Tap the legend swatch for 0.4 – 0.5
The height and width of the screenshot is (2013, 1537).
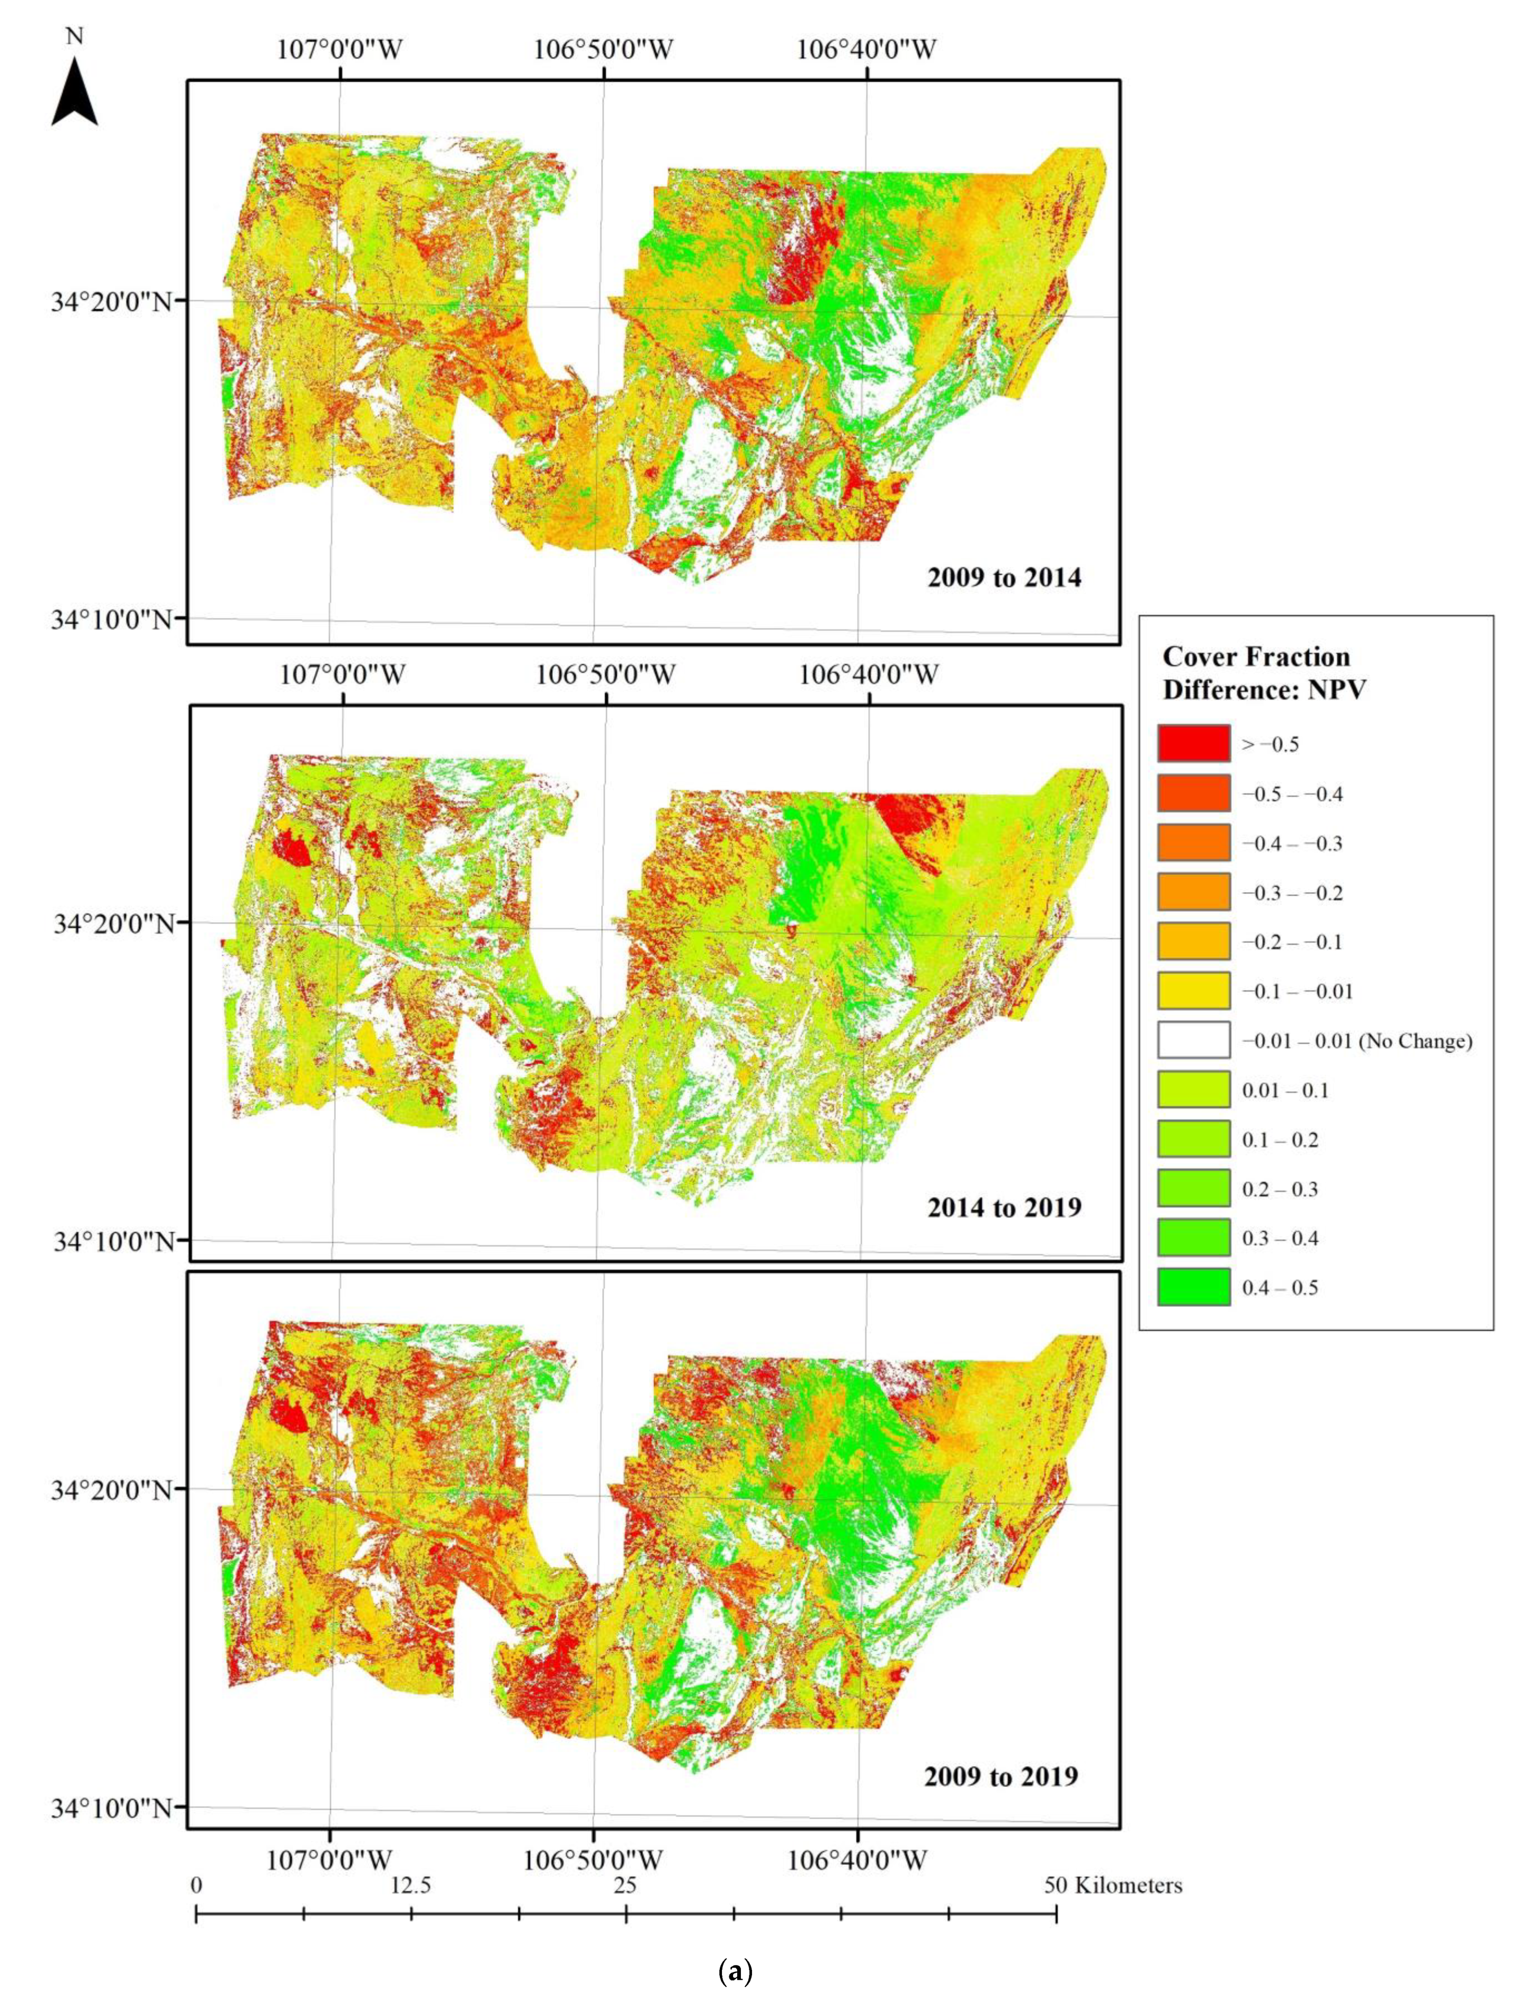tap(1193, 1287)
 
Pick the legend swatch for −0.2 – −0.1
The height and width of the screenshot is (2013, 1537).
tap(1193, 941)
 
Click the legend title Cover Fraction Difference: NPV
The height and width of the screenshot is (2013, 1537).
tap(1264, 673)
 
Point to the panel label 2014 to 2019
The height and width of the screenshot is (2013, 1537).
tap(1004, 1208)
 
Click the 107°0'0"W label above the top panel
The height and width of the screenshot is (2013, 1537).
tap(339, 49)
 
